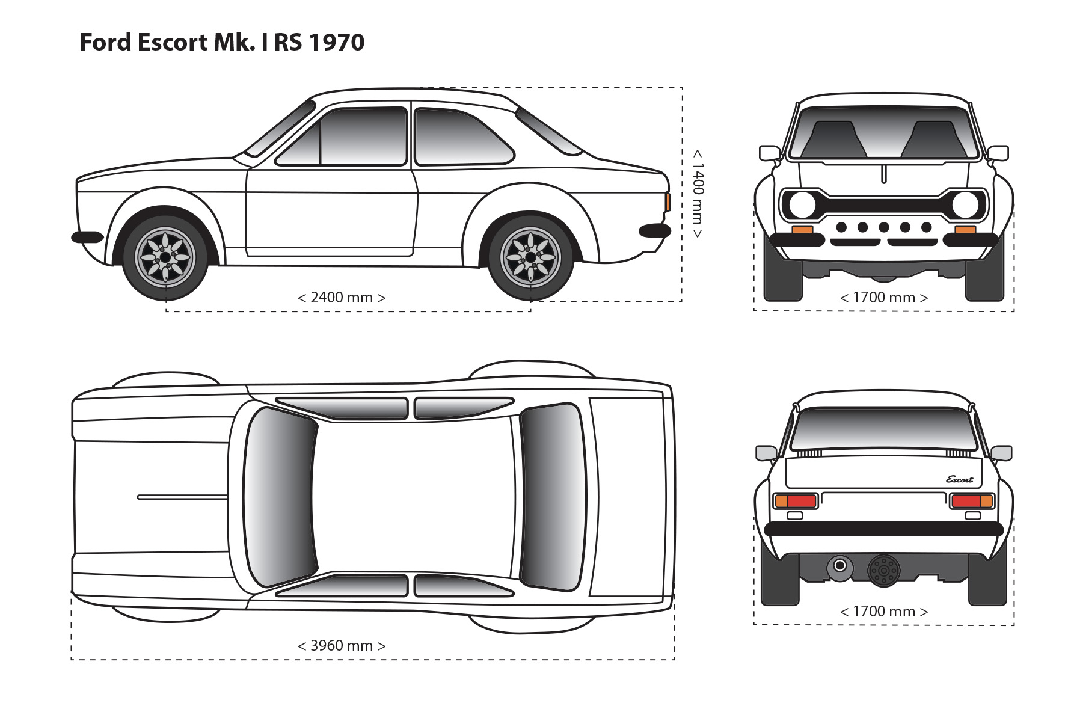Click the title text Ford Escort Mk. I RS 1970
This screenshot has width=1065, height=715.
pyautogui.click(x=222, y=43)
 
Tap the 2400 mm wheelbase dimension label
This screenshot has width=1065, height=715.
pyautogui.click(x=341, y=298)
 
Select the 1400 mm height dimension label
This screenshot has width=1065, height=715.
pyautogui.click(x=697, y=193)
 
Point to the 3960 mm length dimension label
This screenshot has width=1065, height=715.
pyautogui.click(x=341, y=646)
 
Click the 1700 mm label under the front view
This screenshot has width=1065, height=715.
pyautogui.click(x=883, y=298)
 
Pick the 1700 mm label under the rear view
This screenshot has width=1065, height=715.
pyautogui.click(x=883, y=612)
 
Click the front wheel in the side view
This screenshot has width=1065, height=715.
pyautogui.click(x=165, y=257)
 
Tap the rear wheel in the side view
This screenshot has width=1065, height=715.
pyautogui.click(x=530, y=257)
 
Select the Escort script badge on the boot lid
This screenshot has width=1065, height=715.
pyautogui.click(x=959, y=479)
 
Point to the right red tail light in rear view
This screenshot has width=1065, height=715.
pyautogui.click(x=966, y=500)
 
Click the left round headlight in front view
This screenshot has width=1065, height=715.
pyautogui.click(x=802, y=205)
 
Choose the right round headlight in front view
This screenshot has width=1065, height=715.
pyautogui.click(x=965, y=205)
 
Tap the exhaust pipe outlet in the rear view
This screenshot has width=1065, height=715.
pyautogui.click(x=839, y=566)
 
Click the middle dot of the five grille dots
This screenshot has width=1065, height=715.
pyautogui.click(x=883, y=227)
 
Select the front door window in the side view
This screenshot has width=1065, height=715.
pyautogui.click(x=363, y=137)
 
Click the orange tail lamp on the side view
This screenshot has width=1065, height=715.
pyautogui.click(x=668, y=202)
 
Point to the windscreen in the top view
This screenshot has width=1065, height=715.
pyautogui.click(x=280, y=497)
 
